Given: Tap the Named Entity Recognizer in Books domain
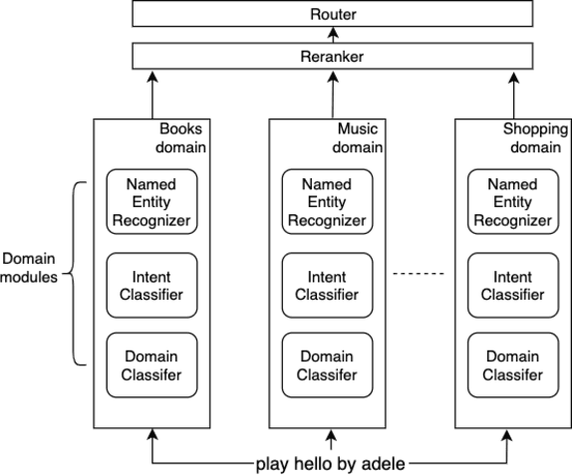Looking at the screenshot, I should click(x=152, y=202).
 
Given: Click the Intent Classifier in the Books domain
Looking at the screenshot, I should click(x=152, y=284).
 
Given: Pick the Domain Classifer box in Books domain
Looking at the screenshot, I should click(x=152, y=364).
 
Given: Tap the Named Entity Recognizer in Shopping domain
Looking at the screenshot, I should click(x=512, y=202).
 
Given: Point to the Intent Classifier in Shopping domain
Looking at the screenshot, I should click(x=512, y=284).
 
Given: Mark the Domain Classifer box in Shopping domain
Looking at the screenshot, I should click(x=512, y=364).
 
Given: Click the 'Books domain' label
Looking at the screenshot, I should click(x=181, y=139).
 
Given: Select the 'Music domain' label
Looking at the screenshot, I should click(x=357, y=139).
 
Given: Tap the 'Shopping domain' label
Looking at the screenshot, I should click(x=536, y=139).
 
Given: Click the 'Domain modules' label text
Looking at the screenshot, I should click(x=29, y=268).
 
